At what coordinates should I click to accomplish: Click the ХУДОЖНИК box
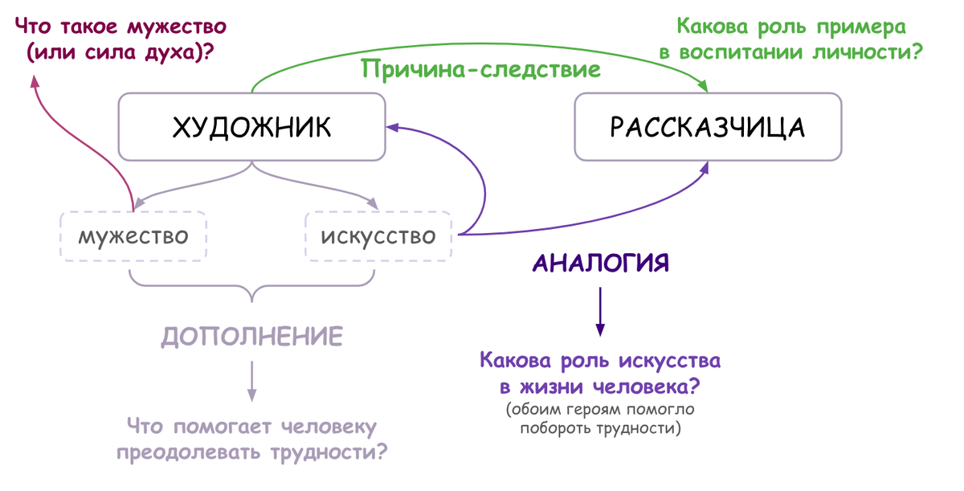251,126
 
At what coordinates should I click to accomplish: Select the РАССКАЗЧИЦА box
708,126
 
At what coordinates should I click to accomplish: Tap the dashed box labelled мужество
133,236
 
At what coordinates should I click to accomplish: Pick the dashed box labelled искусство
378,236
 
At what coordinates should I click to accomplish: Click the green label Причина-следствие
481,69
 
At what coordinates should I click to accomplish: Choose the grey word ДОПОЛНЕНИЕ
251,336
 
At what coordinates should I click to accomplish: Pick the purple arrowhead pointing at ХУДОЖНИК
394,127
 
